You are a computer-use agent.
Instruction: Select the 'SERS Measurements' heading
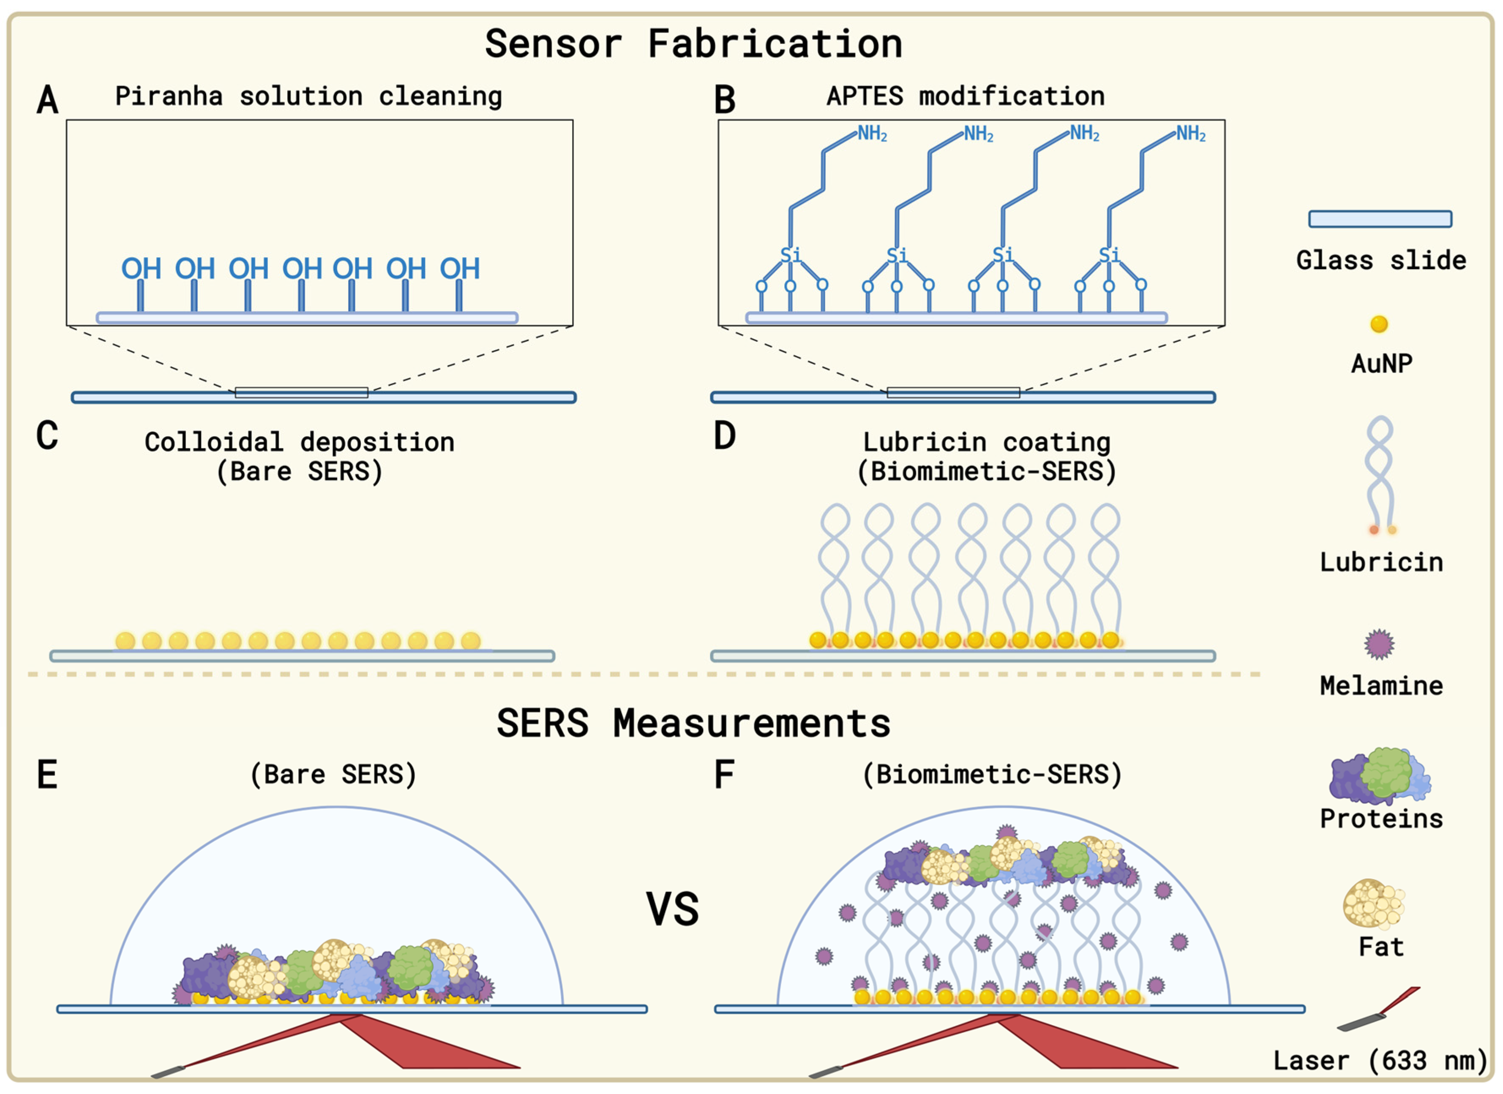point(693,723)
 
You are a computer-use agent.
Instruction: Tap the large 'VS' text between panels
point(673,910)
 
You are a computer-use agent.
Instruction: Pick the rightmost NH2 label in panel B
point(1190,134)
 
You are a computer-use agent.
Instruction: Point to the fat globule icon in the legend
point(1374,904)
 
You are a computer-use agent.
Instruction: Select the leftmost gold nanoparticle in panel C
point(125,641)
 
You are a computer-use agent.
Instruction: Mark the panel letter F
point(724,775)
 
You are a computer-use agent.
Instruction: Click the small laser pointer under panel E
point(168,1072)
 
